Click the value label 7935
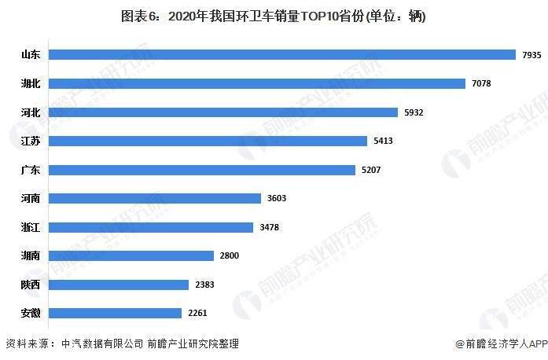[531, 55]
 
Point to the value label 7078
[481, 83]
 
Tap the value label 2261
[198, 313]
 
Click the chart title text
[274, 15]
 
